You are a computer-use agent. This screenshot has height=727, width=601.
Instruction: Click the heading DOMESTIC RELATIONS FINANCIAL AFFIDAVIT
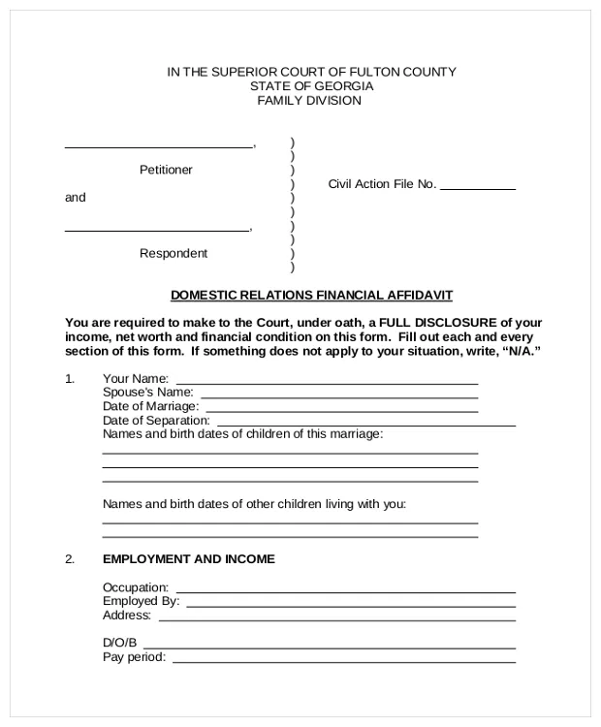tap(311, 295)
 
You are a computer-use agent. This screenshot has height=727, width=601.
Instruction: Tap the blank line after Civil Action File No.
tap(478, 188)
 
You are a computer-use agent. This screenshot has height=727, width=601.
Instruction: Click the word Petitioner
tap(166, 170)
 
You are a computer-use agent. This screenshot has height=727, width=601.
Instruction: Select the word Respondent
tap(174, 253)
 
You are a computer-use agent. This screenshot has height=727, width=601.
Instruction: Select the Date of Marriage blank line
tap(340, 410)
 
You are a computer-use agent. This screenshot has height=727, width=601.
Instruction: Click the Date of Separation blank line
tap(364, 425)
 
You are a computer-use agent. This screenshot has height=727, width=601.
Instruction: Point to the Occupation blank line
tap(345, 590)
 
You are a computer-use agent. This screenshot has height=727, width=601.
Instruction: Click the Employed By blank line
tap(350, 604)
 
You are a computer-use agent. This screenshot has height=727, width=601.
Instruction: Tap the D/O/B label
tap(120, 643)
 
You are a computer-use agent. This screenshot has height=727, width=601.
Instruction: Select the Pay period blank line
tap(343, 661)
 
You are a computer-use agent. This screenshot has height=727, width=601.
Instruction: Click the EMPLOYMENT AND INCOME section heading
tap(188, 559)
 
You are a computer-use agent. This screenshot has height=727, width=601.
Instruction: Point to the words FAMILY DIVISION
tap(309, 101)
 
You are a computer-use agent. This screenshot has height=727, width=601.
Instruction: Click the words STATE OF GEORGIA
tap(310, 86)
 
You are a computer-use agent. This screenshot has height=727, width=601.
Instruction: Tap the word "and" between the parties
tap(75, 198)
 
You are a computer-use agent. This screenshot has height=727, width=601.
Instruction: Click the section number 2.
tap(70, 559)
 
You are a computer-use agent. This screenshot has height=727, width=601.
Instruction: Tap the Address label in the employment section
tap(126, 615)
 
